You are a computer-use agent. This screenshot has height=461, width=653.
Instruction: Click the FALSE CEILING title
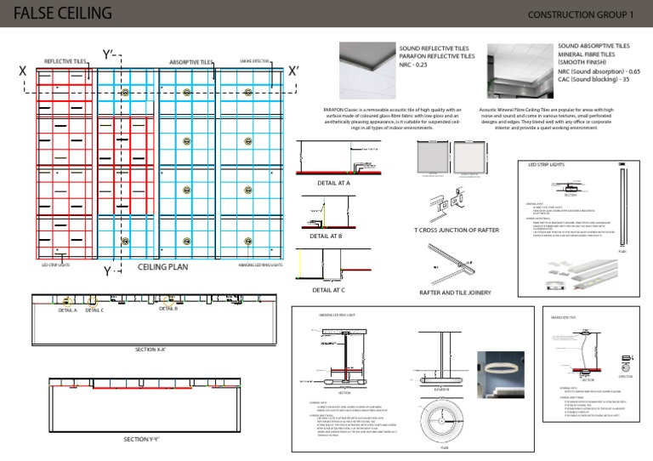coord(63,13)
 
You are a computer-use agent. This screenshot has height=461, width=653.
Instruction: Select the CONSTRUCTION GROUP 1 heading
coord(581,14)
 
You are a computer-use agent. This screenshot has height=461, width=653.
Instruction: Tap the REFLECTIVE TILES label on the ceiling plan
coord(65,62)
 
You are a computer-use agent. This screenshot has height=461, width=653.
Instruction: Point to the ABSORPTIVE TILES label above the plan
coord(190,62)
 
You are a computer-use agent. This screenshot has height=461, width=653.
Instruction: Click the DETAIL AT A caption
coord(332,183)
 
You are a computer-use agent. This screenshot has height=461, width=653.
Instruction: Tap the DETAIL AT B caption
coord(326,236)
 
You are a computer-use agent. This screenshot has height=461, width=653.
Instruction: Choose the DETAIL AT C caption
coord(328,290)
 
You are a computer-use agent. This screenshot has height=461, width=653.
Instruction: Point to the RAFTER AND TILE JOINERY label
coord(455,292)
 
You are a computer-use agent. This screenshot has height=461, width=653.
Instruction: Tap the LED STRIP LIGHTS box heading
coord(547,164)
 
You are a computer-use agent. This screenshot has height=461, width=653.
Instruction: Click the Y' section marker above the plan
coord(109,55)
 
